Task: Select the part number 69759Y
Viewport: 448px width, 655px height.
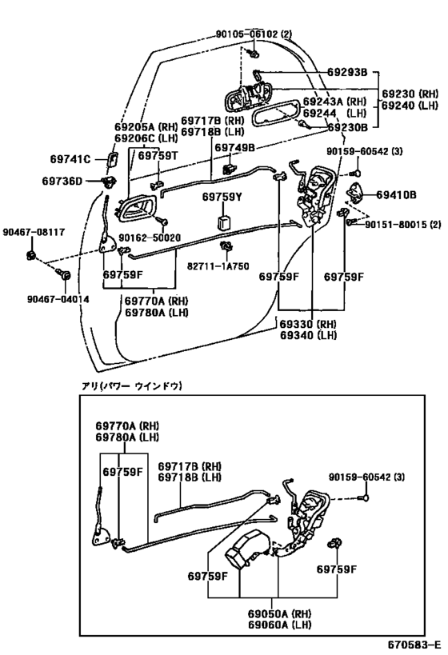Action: point(222,196)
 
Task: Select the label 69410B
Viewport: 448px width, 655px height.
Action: point(397,194)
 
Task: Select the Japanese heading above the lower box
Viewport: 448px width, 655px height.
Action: point(132,385)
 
